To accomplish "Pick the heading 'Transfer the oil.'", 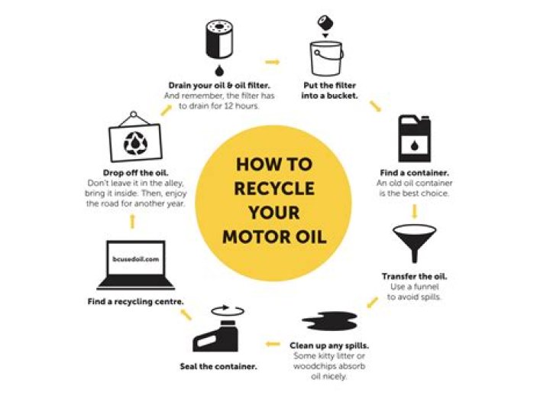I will (x=414, y=276).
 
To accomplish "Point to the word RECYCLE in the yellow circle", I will (x=275, y=188).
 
